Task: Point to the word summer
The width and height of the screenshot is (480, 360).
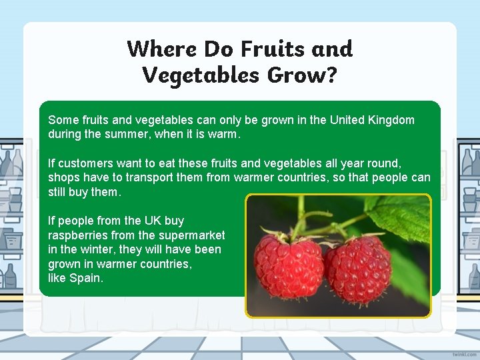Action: coord(119,134)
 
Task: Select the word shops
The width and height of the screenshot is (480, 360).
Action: coord(62,178)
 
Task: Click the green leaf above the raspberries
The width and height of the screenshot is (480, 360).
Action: coord(402,217)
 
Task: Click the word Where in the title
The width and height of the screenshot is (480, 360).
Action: coord(162,49)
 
